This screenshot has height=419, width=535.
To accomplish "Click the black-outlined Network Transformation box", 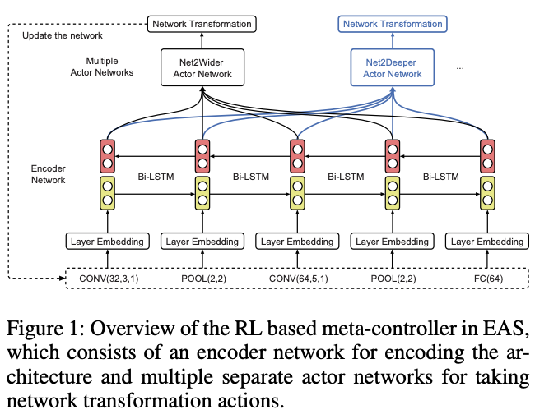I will (202, 24).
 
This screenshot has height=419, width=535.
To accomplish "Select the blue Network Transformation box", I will (392, 24).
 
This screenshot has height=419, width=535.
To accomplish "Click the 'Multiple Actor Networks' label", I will (109, 67).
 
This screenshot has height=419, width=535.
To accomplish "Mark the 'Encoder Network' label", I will (48, 174).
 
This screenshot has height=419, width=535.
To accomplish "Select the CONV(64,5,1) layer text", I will (297, 279).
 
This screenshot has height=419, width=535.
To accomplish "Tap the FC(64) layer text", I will (486, 279).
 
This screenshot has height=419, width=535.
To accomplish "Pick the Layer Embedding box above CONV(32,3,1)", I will (108, 242).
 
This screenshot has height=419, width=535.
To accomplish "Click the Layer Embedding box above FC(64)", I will (486, 242).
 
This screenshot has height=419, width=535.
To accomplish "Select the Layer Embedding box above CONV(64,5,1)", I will (297, 242).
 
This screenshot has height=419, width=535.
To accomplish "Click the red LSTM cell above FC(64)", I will (486, 156).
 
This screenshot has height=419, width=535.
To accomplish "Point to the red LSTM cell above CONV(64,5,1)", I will (297, 156).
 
